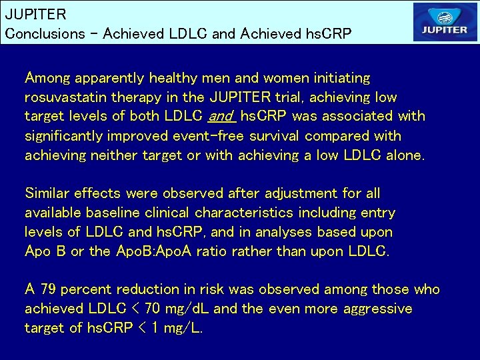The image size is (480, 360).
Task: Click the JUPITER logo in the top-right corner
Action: (445, 22)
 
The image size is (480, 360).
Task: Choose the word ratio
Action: (209, 251)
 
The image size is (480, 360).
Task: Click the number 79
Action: (48, 289)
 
